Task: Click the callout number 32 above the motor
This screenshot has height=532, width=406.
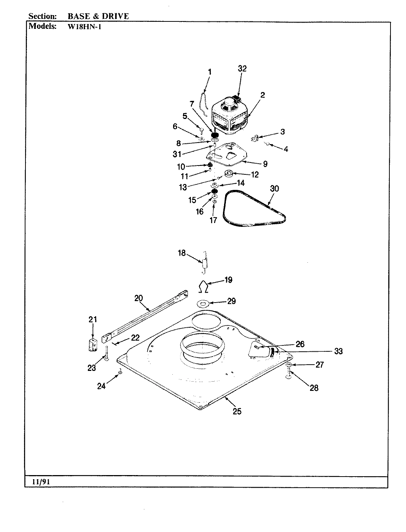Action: [242, 68]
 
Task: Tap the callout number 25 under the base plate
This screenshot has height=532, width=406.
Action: [237, 411]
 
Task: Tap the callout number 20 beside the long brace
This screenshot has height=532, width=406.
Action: [138, 298]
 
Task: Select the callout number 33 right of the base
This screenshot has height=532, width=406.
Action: [338, 351]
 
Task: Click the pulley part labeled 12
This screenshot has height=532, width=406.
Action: [229, 173]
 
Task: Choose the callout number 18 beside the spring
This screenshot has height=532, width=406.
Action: [182, 253]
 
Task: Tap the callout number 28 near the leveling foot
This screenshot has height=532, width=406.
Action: [314, 388]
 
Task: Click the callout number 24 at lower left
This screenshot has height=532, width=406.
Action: [101, 386]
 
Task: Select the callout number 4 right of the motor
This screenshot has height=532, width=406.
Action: [286, 149]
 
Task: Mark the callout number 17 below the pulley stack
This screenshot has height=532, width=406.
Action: [213, 220]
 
